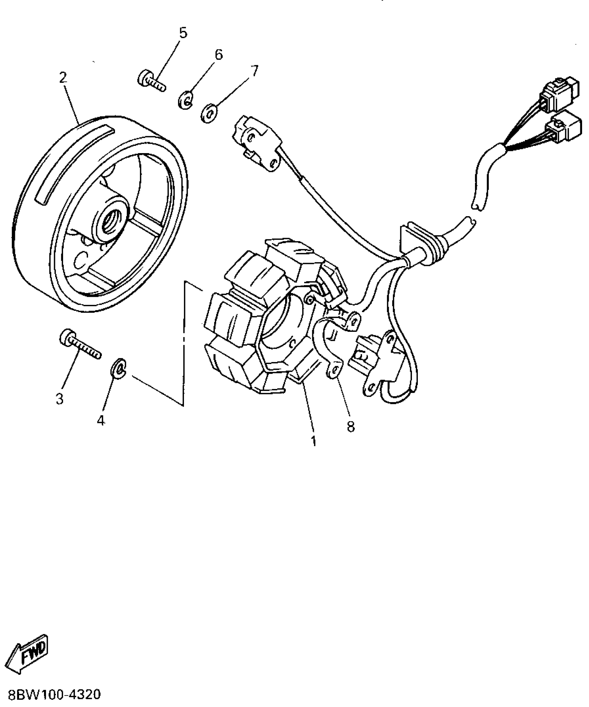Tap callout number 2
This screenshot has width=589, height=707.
[62, 78]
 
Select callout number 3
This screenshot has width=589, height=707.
[60, 399]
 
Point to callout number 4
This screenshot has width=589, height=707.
[100, 421]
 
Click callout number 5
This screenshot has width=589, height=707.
[183, 33]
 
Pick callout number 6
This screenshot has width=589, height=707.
[218, 55]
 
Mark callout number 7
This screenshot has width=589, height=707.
[254, 71]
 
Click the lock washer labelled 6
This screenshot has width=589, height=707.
[186, 99]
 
